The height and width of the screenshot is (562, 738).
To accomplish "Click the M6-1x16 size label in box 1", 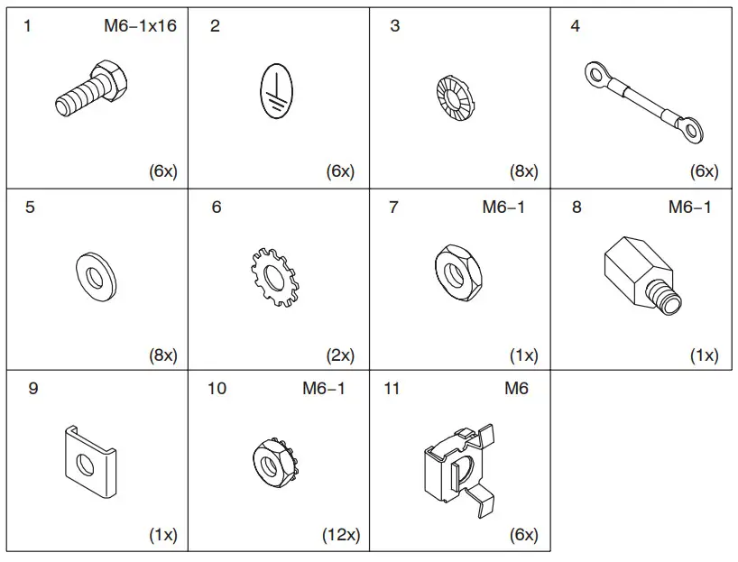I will tap(140, 25).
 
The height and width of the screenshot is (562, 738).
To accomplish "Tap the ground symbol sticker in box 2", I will tap(277, 92).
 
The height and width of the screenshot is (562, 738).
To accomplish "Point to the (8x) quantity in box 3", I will tap(521, 171).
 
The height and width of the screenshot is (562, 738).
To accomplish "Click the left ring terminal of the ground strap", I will tap(596, 73).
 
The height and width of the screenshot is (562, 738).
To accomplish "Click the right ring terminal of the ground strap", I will tap(689, 131).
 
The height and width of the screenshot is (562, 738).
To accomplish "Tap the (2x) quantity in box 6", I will tap(340, 355).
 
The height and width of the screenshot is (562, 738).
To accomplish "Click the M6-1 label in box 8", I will tap(689, 207).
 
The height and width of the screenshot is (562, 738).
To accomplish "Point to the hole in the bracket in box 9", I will tap(85, 464).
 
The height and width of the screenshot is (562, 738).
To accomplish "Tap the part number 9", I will tap(33, 390).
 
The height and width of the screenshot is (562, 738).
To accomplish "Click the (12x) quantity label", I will tap(340, 535).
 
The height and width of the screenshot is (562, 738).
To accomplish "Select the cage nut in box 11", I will tap(457, 466).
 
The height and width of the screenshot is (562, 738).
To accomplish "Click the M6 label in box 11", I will tap(516, 390).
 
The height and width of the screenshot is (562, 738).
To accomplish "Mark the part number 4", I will tap(575, 25).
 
